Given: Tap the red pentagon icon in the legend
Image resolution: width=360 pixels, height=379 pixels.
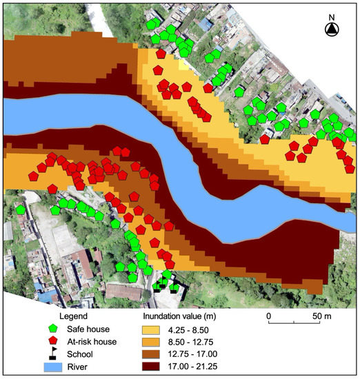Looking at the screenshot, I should [52, 341].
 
